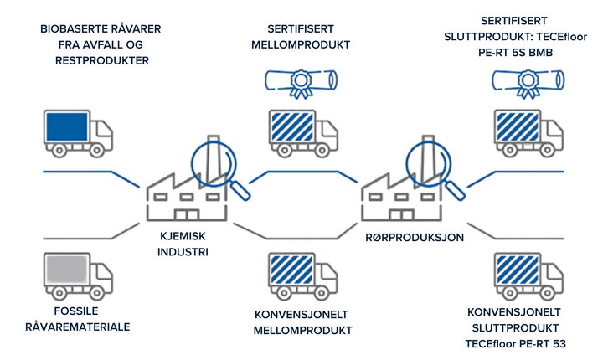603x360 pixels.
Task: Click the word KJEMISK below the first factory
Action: [x=183, y=237]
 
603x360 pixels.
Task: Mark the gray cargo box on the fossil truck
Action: [x=65, y=270]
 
